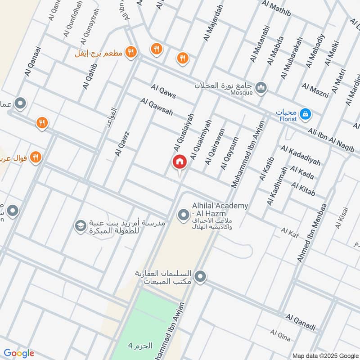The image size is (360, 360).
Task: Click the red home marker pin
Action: click(x=179, y=162)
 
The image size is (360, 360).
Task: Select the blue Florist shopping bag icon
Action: click(x=306, y=114)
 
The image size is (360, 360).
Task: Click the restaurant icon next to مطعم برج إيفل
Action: click(x=130, y=52)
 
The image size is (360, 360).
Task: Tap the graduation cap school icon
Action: click(x=81, y=226)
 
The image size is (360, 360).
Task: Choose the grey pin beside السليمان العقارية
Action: click(x=201, y=276)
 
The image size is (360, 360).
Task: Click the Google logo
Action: click(x=19, y=353)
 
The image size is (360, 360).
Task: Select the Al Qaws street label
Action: click(x=163, y=91)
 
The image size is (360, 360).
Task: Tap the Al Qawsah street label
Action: click(x=157, y=107)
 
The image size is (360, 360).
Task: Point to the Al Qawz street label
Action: click(x=122, y=144)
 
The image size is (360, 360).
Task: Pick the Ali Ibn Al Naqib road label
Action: click(x=331, y=139)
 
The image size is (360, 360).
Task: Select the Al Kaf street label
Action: click(x=290, y=231)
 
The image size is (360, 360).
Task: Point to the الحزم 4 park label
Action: click(x=140, y=346)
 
